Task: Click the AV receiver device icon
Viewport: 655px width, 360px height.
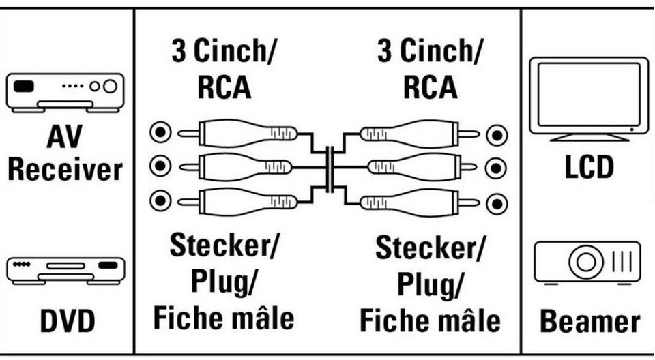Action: (x=65, y=93)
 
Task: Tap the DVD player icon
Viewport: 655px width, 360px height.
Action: (x=65, y=271)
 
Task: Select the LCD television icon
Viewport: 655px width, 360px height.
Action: (x=589, y=100)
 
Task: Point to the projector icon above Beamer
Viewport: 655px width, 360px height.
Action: (x=587, y=262)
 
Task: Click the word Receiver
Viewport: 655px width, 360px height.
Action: (x=65, y=170)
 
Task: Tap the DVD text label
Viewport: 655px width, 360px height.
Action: (x=68, y=320)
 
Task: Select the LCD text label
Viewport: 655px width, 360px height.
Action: (x=589, y=166)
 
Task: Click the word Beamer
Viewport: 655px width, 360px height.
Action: (x=589, y=322)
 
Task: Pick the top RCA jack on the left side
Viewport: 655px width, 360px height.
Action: (x=160, y=133)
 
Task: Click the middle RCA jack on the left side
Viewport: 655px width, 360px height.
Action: (x=160, y=166)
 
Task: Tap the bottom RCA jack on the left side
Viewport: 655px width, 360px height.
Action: (x=160, y=200)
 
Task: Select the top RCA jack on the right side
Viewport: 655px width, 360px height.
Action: (x=497, y=135)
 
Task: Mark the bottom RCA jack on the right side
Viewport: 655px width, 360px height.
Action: (x=497, y=204)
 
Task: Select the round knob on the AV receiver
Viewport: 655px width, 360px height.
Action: (x=110, y=86)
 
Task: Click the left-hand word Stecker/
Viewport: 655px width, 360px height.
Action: (x=224, y=245)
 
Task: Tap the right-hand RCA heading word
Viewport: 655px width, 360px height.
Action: (x=431, y=87)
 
